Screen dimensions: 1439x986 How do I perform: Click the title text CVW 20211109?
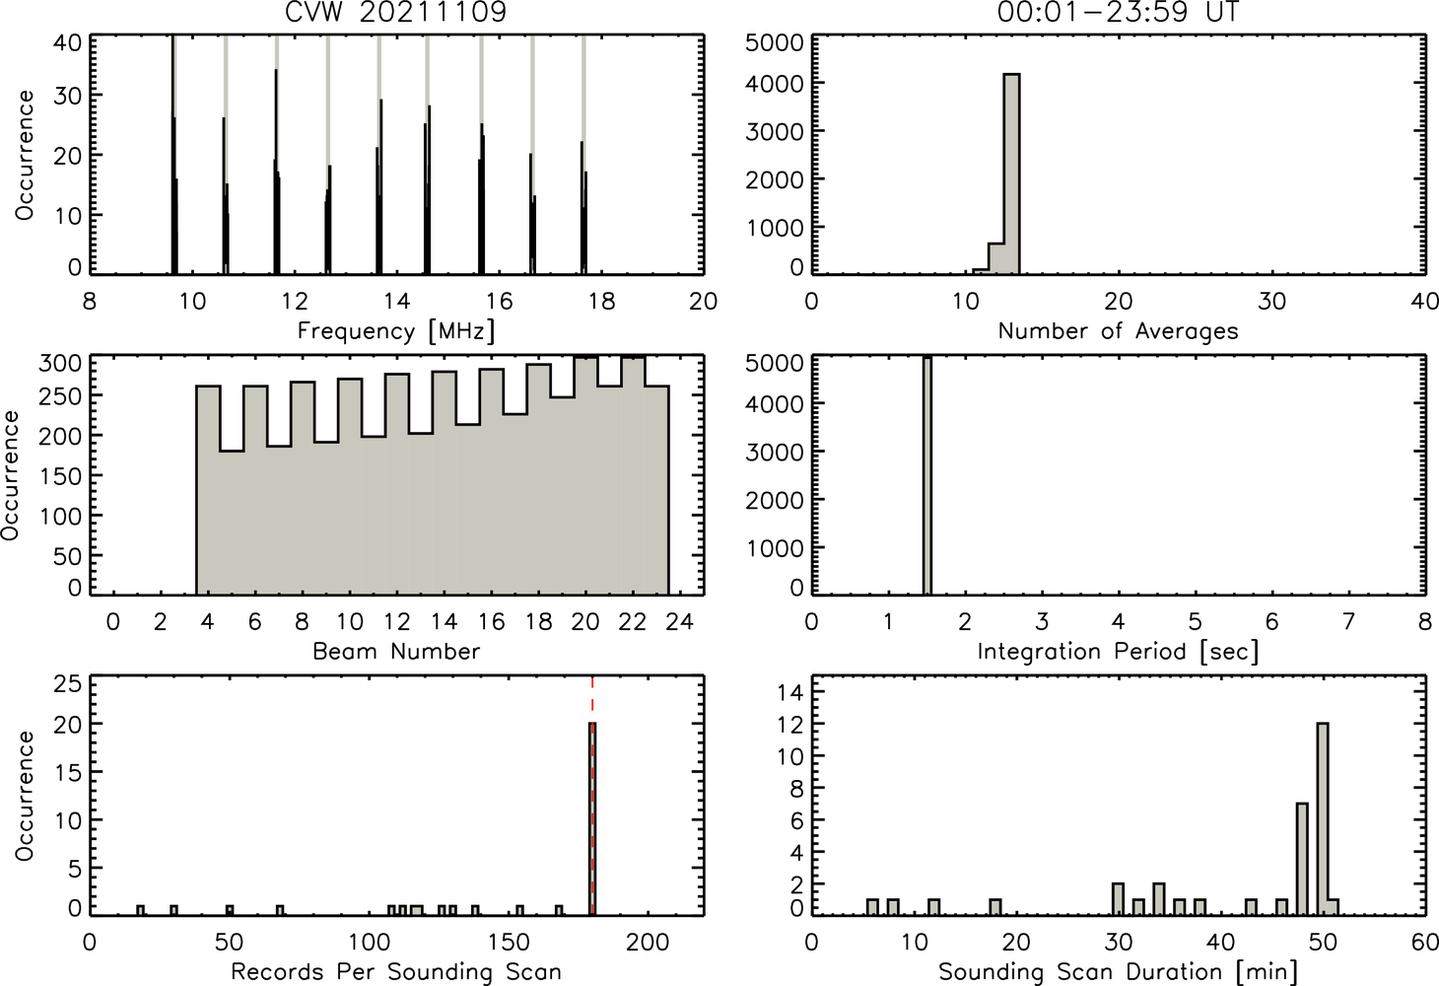coord(396,12)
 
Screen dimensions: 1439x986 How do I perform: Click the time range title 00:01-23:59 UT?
coord(1118,12)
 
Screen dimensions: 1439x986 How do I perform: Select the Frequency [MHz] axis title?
coord(396,331)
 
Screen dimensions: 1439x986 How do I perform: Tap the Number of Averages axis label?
coord(1118,331)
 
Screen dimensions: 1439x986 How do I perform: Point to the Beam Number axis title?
coord(396,651)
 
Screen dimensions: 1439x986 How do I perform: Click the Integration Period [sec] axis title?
coord(1118,652)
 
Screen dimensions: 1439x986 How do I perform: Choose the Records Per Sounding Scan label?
coord(396,971)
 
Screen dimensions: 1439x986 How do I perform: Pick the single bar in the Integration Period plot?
coord(927,475)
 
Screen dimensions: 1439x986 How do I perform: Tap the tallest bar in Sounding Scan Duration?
coord(1322,819)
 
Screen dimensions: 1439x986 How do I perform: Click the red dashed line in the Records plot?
coord(592,796)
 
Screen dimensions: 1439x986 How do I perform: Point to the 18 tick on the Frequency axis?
coord(601,301)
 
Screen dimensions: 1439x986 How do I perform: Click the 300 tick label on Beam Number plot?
coord(60,364)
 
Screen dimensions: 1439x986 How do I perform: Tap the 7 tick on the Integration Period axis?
coord(1348,621)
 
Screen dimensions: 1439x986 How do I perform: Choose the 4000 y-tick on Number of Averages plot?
coord(775,84)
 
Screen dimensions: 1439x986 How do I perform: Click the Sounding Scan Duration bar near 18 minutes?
coord(995,907)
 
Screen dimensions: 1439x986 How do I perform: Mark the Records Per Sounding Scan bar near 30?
coord(173,910)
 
